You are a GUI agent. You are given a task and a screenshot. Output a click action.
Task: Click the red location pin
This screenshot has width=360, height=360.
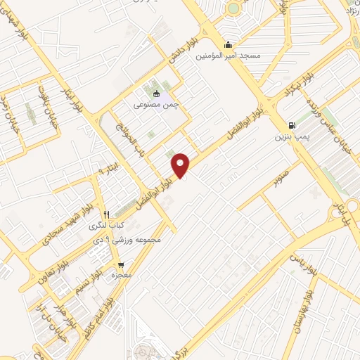pos(181,165)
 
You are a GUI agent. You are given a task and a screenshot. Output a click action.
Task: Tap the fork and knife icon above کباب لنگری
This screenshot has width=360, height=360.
pos(106,214)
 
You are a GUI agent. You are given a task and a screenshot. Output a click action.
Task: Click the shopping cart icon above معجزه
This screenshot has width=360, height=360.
pos(122,265)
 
